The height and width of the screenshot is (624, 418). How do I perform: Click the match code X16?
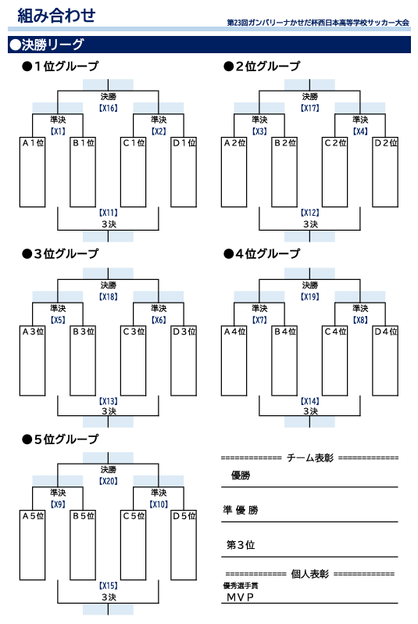[x=108, y=108]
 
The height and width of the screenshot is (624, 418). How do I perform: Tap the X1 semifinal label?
[x=58, y=131]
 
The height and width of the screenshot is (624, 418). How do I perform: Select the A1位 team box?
[x=32, y=172]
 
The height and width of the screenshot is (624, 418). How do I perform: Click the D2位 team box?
[x=385, y=172]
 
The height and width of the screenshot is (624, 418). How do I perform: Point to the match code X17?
[x=310, y=108]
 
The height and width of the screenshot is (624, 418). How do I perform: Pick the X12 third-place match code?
[x=310, y=213]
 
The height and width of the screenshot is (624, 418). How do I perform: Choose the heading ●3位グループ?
[x=60, y=253]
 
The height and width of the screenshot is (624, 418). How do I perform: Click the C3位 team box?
[x=134, y=360]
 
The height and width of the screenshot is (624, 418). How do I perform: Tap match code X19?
[x=310, y=296]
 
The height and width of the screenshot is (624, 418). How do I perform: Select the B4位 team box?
[x=284, y=360]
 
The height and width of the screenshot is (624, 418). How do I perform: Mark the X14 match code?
[x=310, y=401]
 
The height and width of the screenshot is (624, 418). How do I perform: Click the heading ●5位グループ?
[x=60, y=439]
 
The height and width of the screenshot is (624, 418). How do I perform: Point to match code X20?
[x=108, y=481]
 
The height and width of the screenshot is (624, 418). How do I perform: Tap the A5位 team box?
[x=32, y=545]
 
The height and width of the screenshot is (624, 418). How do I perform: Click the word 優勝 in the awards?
[x=241, y=475]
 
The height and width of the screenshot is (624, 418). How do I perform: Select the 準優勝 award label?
[x=241, y=510]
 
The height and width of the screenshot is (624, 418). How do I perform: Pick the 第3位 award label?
[x=241, y=544]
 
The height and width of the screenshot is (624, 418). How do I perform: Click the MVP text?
[x=240, y=597]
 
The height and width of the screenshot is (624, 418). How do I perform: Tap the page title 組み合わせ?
[x=56, y=15]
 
